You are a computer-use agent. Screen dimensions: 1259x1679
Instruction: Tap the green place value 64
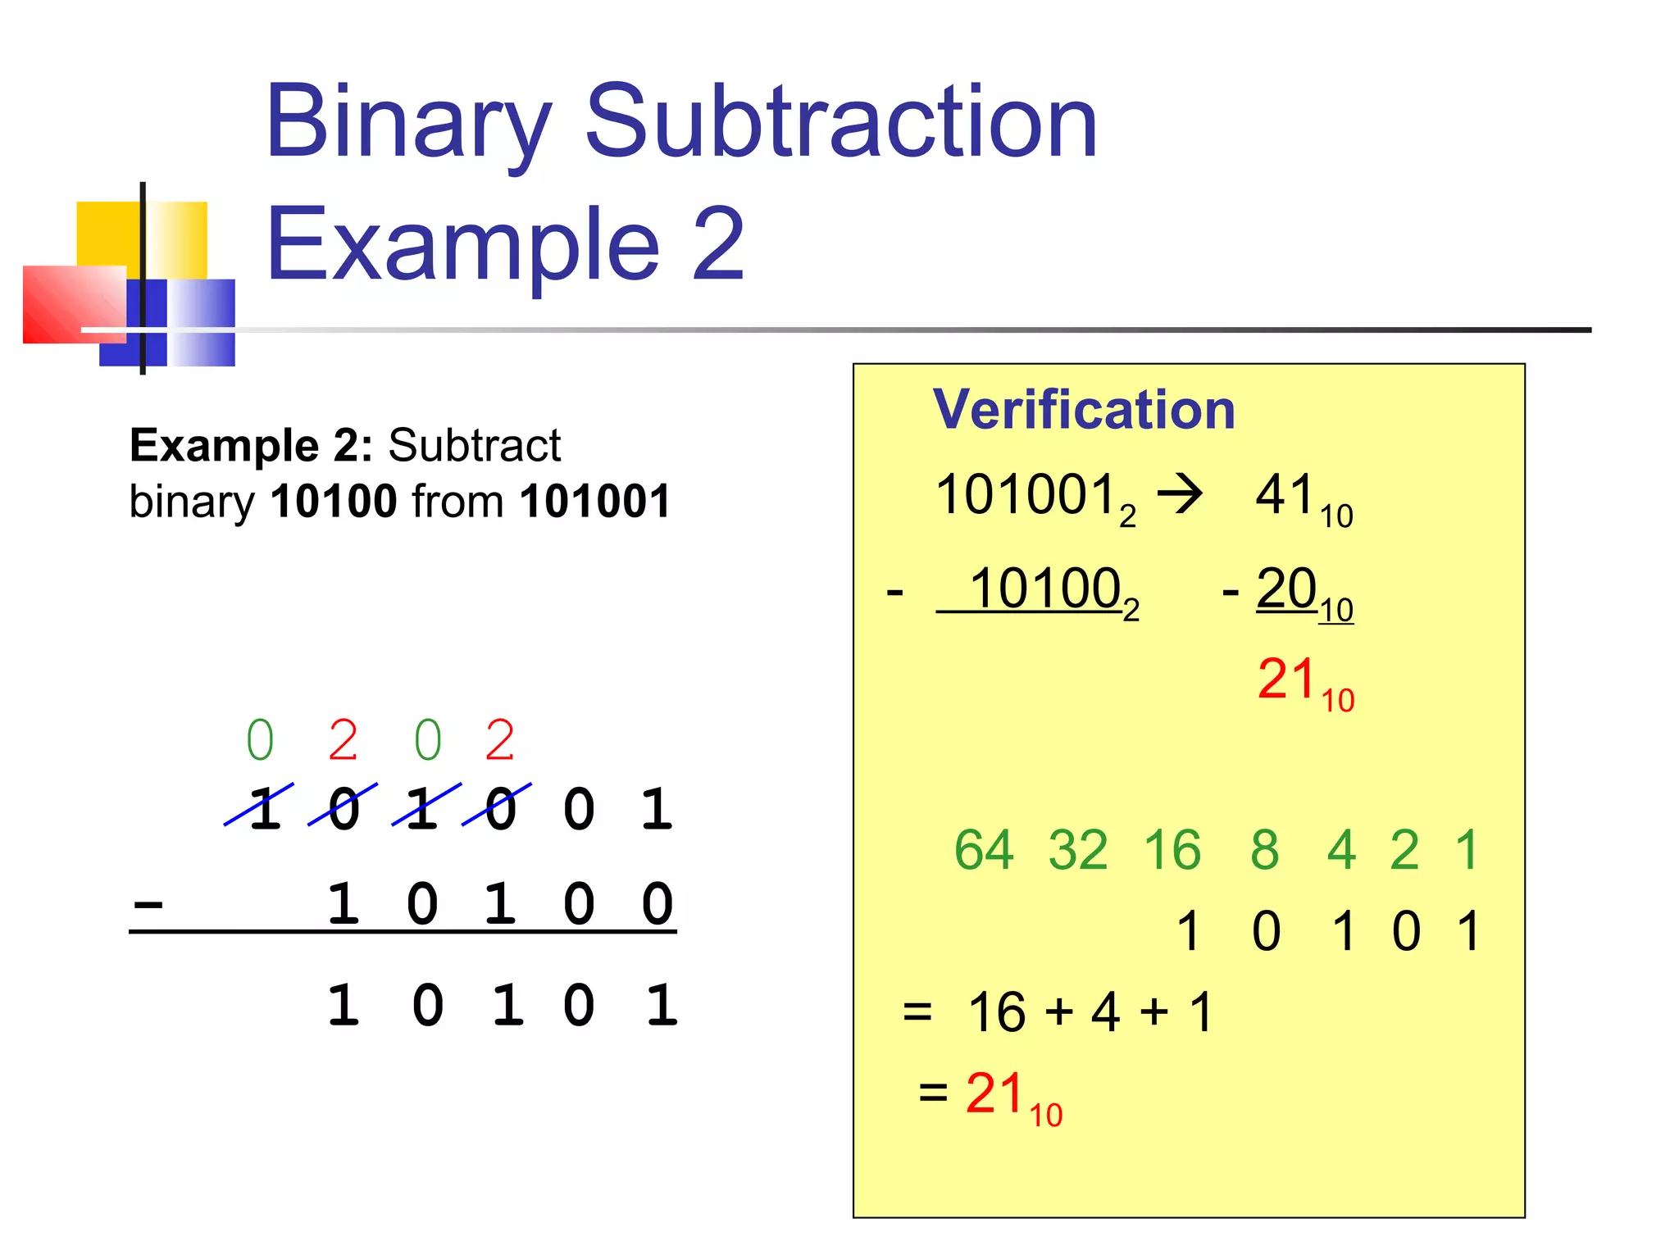click(x=984, y=850)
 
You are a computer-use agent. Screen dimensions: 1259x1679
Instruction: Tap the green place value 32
click(x=1078, y=850)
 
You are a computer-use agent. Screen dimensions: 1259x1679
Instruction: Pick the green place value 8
click(x=1264, y=850)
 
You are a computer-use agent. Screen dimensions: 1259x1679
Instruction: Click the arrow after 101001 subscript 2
click(x=1180, y=495)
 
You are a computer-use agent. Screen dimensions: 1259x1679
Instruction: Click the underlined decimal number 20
click(x=1286, y=589)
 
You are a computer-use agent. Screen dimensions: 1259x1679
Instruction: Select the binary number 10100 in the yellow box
click(x=1045, y=589)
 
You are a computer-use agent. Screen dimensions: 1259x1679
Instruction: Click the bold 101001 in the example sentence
click(x=595, y=501)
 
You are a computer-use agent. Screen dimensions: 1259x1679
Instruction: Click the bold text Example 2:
click(x=251, y=445)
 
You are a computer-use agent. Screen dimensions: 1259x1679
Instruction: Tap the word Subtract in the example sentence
click(x=474, y=445)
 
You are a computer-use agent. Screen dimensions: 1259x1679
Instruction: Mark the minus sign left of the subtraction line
click(x=148, y=905)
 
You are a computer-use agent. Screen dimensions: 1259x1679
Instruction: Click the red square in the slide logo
click(x=74, y=304)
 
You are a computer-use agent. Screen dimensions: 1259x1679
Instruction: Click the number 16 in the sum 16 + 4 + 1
click(x=996, y=1011)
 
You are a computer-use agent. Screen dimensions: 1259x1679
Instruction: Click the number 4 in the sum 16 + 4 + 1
click(x=1105, y=1011)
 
